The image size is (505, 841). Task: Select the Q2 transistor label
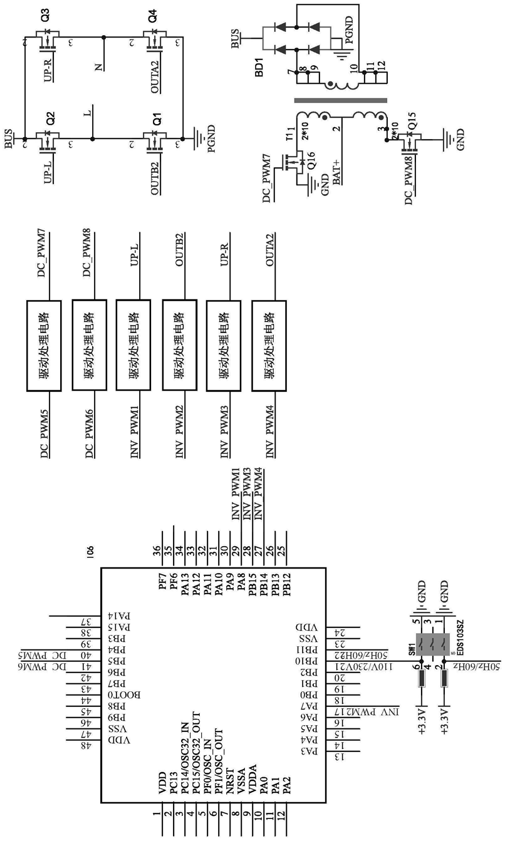click(50, 116)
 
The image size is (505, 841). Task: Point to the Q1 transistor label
click(157, 116)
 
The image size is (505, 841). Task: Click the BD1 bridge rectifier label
click(259, 69)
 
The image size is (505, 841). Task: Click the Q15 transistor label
click(411, 132)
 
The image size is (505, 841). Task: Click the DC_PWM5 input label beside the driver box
click(44, 433)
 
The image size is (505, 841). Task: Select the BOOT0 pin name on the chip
click(135, 695)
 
